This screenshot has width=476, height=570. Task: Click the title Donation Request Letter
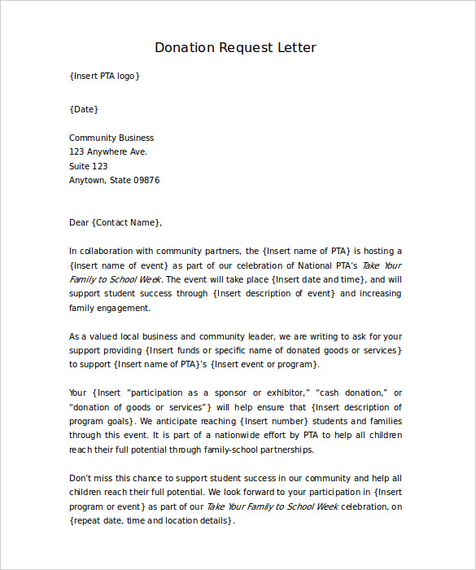[235, 47]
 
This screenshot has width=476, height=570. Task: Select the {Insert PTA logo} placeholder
[105, 76]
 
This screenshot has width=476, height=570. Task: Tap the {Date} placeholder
[84, 109]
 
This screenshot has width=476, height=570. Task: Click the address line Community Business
[111, 138]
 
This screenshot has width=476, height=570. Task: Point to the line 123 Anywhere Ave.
[108, 151]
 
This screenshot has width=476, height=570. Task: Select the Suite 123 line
[89, 166]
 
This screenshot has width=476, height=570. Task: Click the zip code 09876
[146, 180]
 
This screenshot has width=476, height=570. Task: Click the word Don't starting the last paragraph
[81, 478]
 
